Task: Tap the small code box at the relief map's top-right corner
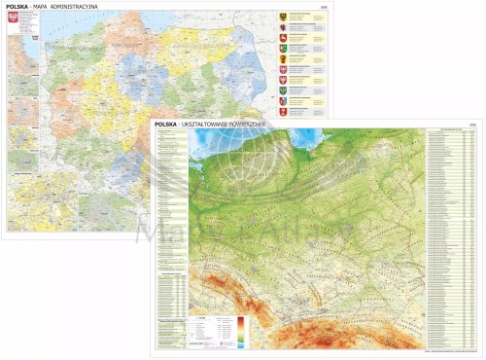pos(473,123)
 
